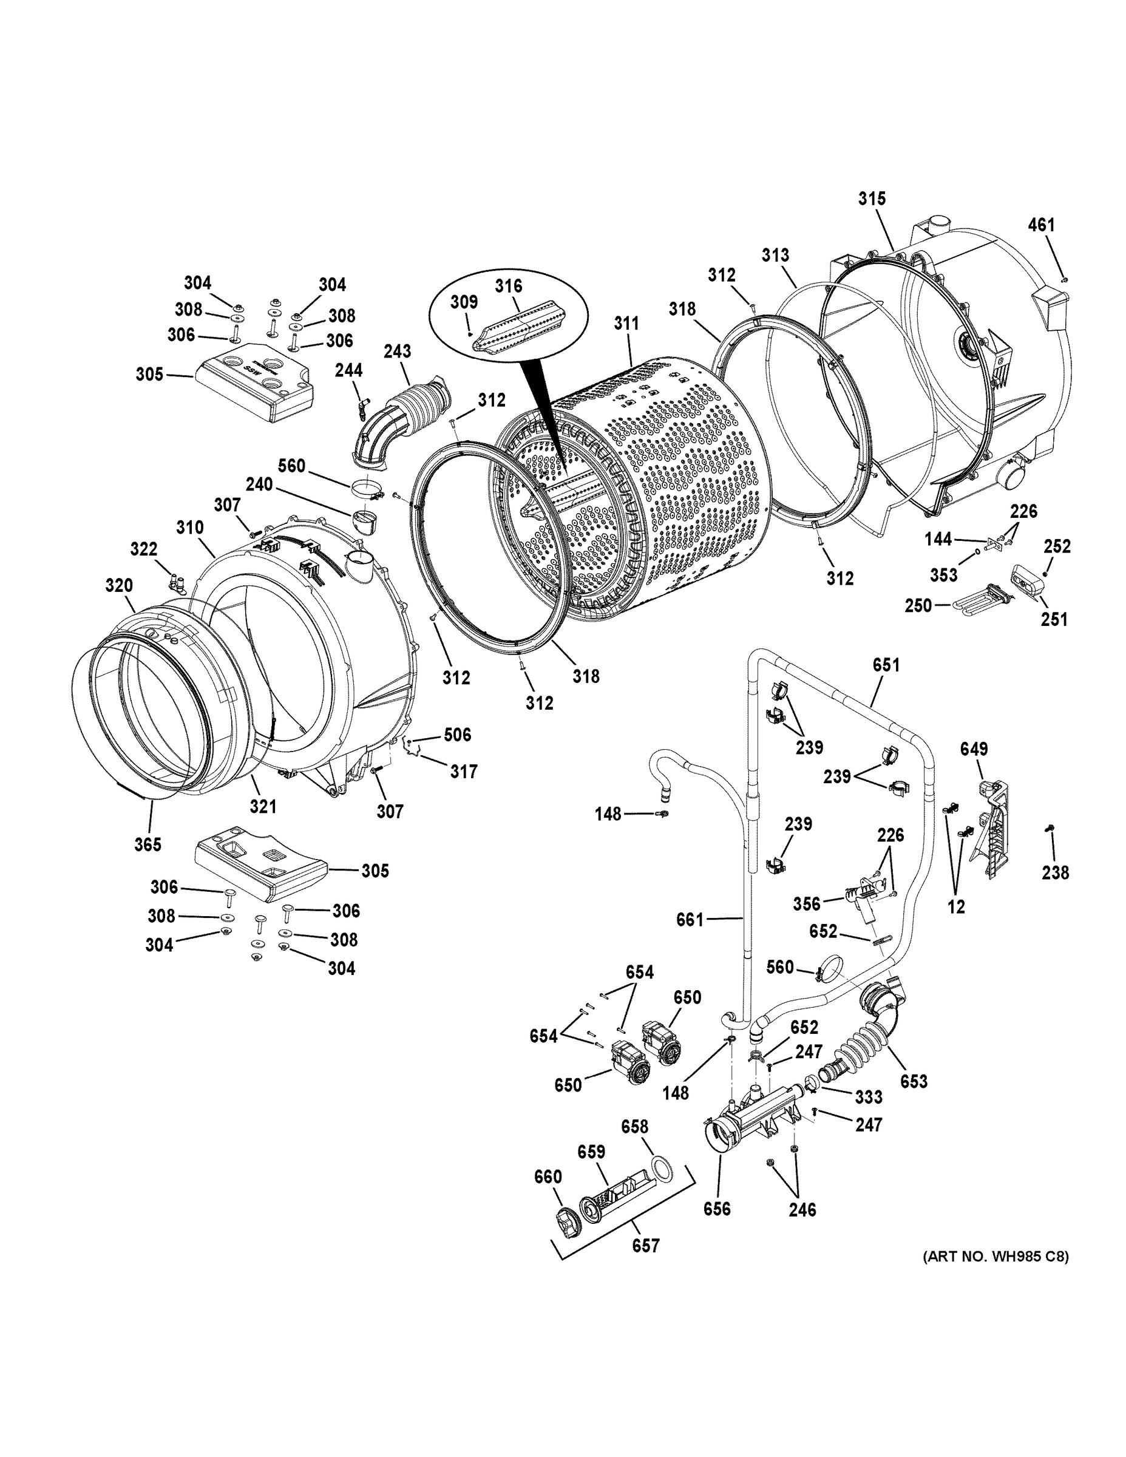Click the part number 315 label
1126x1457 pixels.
(871, 199)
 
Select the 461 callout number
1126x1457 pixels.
(1041, 225)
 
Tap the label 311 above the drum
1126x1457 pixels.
(626, 324)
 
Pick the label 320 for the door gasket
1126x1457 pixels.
(119, 586)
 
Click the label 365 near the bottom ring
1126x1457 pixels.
(148, 844)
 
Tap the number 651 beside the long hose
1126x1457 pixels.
(886, 665)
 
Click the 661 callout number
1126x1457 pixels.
(690, 920)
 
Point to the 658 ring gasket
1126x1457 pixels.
(661, 1168)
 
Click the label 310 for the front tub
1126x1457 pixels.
(190, 528)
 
